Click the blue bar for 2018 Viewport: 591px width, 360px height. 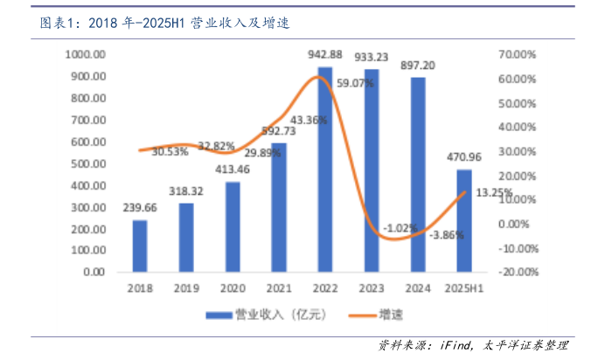pyautogui.click(x=140, y=246)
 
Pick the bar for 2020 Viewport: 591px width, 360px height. pyautogui.click(x=233, y=226)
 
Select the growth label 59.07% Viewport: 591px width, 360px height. pyautogui.click(x=355, y=84)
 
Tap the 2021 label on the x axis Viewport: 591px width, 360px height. pyautogui.click(x=279, y=287)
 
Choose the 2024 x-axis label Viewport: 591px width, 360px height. pyautogui.click(x=418, y=287)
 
